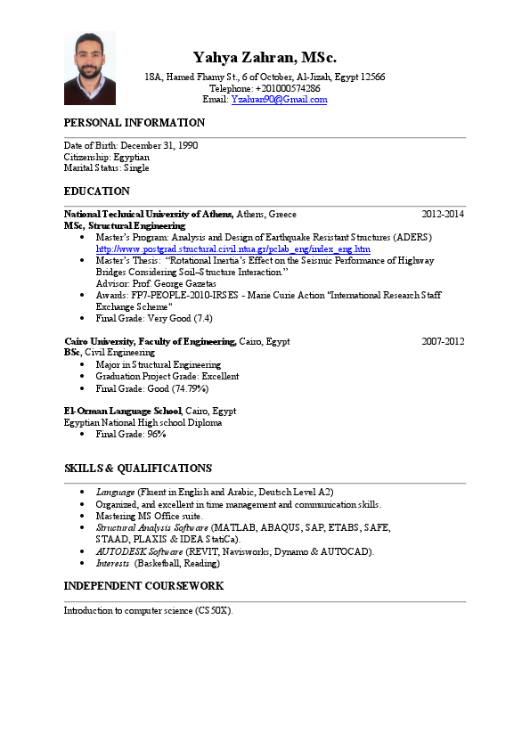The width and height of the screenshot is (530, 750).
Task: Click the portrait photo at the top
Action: [89, 69]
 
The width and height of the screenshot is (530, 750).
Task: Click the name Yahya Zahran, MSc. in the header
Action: [265, 57]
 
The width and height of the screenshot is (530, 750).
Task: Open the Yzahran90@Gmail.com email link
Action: [279, 100]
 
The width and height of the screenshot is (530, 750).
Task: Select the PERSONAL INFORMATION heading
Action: [135, 123]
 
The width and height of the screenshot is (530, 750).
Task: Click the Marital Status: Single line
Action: [106, 167]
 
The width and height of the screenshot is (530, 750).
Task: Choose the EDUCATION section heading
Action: [97, 192]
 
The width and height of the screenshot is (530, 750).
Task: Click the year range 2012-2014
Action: [443, 215]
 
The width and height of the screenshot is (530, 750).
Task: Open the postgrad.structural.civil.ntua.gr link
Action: [232, 249]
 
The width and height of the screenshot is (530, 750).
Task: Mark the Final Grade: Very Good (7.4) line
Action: [154, 318]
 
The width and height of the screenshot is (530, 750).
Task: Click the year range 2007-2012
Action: [443, 341]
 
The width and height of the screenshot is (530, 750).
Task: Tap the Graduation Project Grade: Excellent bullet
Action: [167, 377]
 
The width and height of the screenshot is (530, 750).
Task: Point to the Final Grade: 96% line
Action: [131, 435]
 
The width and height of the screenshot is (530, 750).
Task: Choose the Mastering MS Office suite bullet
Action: [150, 516]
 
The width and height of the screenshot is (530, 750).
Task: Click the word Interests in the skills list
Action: [113, 563]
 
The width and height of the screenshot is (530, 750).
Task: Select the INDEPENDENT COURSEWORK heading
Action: [143, 586]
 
